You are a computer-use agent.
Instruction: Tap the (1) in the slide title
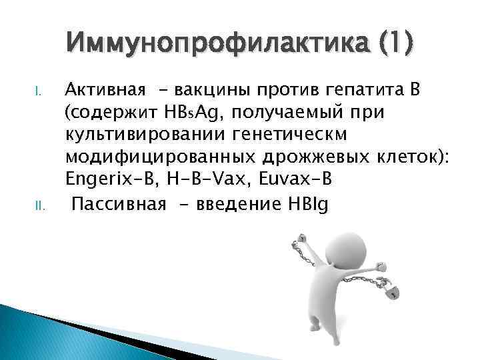(x=394, y=44)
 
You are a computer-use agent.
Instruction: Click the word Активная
(x=100, y=92)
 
